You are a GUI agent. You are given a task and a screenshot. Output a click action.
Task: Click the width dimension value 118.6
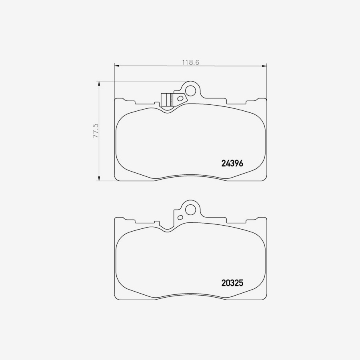tap(191, 62)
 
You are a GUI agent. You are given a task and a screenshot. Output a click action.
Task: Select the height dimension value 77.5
tap(96, 131)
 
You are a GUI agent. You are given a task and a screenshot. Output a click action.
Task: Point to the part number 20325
tap(232, 283)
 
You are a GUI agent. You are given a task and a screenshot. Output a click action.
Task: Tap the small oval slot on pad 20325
tap(180, 217)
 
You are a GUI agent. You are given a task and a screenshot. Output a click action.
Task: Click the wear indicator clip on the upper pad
tap(166, 99)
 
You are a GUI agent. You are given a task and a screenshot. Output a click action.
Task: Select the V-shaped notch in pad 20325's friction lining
tap(169, 231)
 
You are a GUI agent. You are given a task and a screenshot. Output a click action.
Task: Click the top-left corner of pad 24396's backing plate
tap(116, 99)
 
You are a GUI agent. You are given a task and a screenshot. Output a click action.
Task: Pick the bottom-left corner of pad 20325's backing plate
tap(116, 299)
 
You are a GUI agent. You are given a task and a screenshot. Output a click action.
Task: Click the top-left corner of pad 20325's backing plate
tap(116, 218)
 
